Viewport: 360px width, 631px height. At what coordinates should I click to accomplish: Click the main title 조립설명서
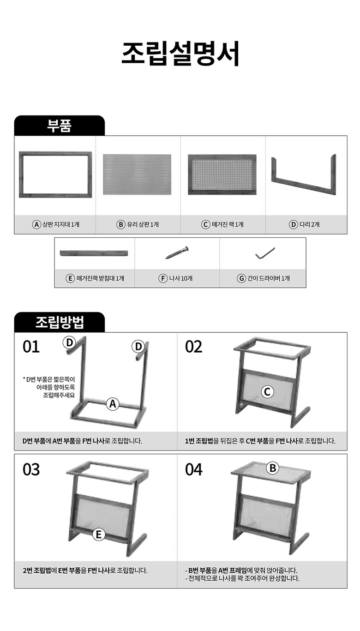coord(180,54)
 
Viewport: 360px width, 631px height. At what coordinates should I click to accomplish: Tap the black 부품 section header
coord(60,126)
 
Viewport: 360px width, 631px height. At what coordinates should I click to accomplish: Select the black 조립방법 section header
coord(60,322)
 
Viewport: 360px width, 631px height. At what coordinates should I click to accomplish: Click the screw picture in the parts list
coord(177,252)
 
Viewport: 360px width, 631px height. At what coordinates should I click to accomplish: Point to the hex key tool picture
coord(265,252)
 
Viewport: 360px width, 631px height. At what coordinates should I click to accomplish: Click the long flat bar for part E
coord(94,253)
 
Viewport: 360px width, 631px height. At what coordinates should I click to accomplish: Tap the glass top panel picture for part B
coord(137,174)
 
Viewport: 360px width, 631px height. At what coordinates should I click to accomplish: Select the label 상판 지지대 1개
coord(61,224)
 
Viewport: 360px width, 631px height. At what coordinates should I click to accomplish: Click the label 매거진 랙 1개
coord(228,224)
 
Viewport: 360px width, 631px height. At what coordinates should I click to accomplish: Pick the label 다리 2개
coord(309,224)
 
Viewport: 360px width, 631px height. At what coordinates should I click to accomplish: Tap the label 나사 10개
coord(180,278)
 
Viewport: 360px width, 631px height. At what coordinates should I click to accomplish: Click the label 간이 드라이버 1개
coord(269,278)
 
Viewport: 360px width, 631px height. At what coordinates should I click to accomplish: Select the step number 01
coord(31,347)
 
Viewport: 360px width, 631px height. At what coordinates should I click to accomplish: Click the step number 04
coord(193,469)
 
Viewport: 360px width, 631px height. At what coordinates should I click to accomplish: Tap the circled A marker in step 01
coord(113,404)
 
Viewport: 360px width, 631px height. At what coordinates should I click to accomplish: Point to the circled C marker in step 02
coord(267,391)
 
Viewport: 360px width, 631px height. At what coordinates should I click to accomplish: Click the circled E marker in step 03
coord(99,535)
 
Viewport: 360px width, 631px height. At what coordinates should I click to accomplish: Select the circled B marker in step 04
coord(273,468)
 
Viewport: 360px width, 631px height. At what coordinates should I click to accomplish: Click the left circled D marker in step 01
coord(69,343)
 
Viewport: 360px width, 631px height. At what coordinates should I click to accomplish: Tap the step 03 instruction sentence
coord(85,571)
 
